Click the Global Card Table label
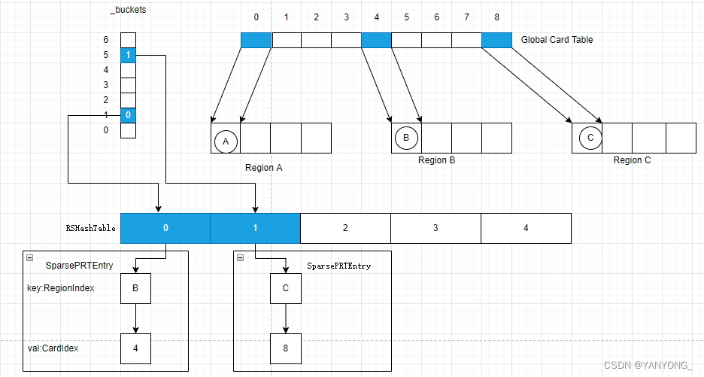pyautogui.click(x=557, y=39)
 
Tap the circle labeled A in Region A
pyautogui.click(x=226, y=139)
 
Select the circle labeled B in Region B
pyautogui.click(x=406, y=138)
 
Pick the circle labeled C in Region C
pyautogui.click(x=590, y=138)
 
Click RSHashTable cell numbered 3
pyautogui.click(x=435, y=227)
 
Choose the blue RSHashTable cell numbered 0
pyautogui.click(x=165, y=227)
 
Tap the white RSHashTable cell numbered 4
pyautogui.click(x=526, y=227)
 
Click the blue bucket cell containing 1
pyautogui.click(x=129, y=55)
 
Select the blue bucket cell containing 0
pyautogui.click(x=129, y=115)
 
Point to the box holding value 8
pyautogui.click(x=286, y=348)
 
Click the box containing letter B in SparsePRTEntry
pyautogui.click(x=135, y=288)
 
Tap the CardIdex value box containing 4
pyautogui.click(x=135, y=348)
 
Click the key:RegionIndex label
pyautogui.click(x=61, y=288)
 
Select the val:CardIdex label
pyautogui.click(x=55, y=348)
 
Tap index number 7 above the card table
pyautogui.click(x=466, y=17)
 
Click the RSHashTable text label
pyautogui.click(x=91, y=228)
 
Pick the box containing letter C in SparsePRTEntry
pyautogui.click(x=286, y=288)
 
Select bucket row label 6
pyautogui.click(x=106, y=40)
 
